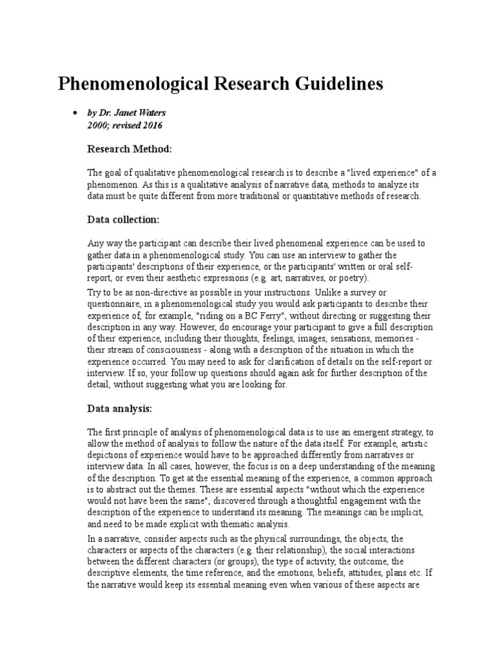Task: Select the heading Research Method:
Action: [x=129, y=149]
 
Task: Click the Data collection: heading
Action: [x=122, y=219]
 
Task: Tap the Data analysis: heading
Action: [x=119, y=408]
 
